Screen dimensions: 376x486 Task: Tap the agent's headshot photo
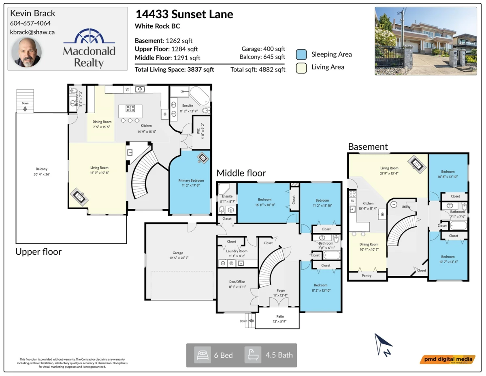point(26,53)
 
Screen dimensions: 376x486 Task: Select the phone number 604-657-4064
point(30,23)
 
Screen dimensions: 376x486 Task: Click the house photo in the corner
point(426,41)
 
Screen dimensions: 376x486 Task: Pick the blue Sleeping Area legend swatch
point(301,54)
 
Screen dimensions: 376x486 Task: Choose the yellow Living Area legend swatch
point(301,67)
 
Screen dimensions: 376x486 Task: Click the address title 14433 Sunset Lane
point(184,15)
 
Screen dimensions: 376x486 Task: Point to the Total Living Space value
point(175,70)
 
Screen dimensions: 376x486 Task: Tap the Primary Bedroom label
point(191,180)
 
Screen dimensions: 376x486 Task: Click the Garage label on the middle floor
point(178,253)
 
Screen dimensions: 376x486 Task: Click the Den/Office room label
point(237,282)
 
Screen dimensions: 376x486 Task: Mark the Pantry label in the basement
point(366,276)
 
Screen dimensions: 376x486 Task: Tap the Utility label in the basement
point(406,207)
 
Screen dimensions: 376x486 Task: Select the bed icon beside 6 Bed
point(202,355)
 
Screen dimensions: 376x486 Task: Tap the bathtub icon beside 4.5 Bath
point(253,355)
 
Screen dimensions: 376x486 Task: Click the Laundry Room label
point(237,251)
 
